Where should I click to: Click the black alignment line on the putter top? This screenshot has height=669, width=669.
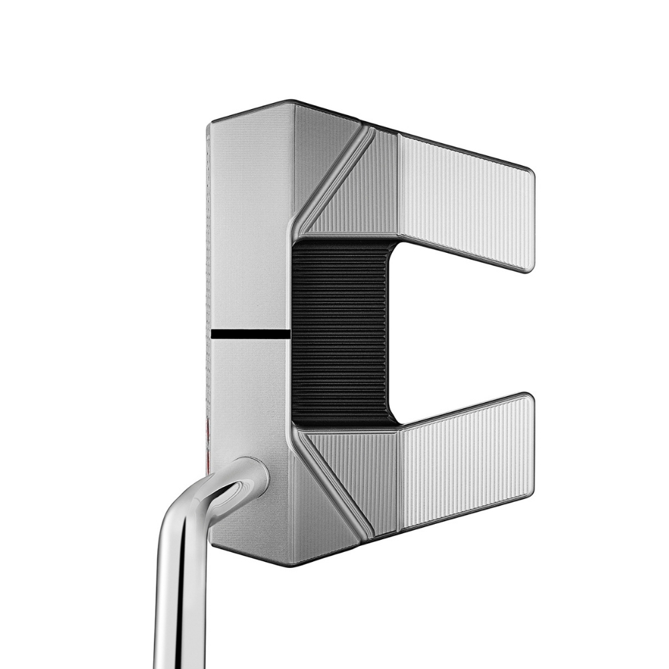[x=250, y=333]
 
